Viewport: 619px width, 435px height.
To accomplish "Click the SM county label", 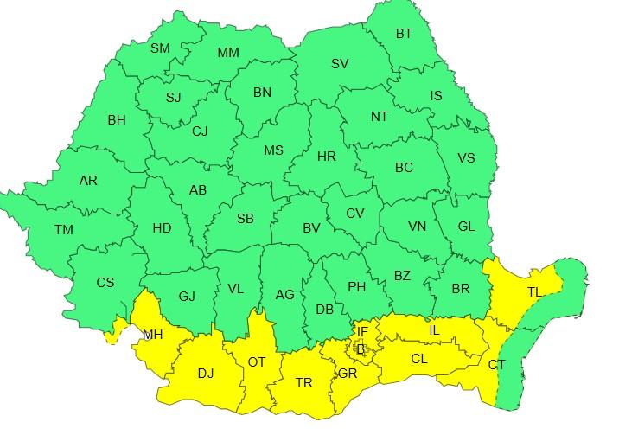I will (161, 48).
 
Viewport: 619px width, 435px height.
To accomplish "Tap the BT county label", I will (405, 34).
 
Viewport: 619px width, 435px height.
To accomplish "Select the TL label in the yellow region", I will (534, 293).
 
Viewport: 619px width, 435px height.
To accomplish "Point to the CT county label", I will (496, 365).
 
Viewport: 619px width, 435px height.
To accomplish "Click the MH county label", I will (153, 335).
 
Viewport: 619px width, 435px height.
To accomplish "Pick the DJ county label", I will (205, 374).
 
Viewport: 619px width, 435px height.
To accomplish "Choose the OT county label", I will (257, 361).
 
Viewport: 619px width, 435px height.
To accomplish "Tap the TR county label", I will (304, 382).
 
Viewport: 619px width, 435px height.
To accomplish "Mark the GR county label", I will (348, 374).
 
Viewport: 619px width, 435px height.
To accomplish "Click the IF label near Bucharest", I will (362, 331).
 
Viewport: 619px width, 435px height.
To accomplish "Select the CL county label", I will (419, 358).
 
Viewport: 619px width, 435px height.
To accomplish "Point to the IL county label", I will (435, 330).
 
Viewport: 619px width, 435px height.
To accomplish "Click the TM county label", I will (64, 230).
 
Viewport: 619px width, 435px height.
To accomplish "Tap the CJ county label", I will (200, 131).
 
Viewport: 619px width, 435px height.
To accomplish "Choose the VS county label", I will (466, 157).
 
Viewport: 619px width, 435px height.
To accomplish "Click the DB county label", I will (325, 309).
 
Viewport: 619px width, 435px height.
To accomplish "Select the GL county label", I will (466, 227).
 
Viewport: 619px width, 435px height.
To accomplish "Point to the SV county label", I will (340, 64).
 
